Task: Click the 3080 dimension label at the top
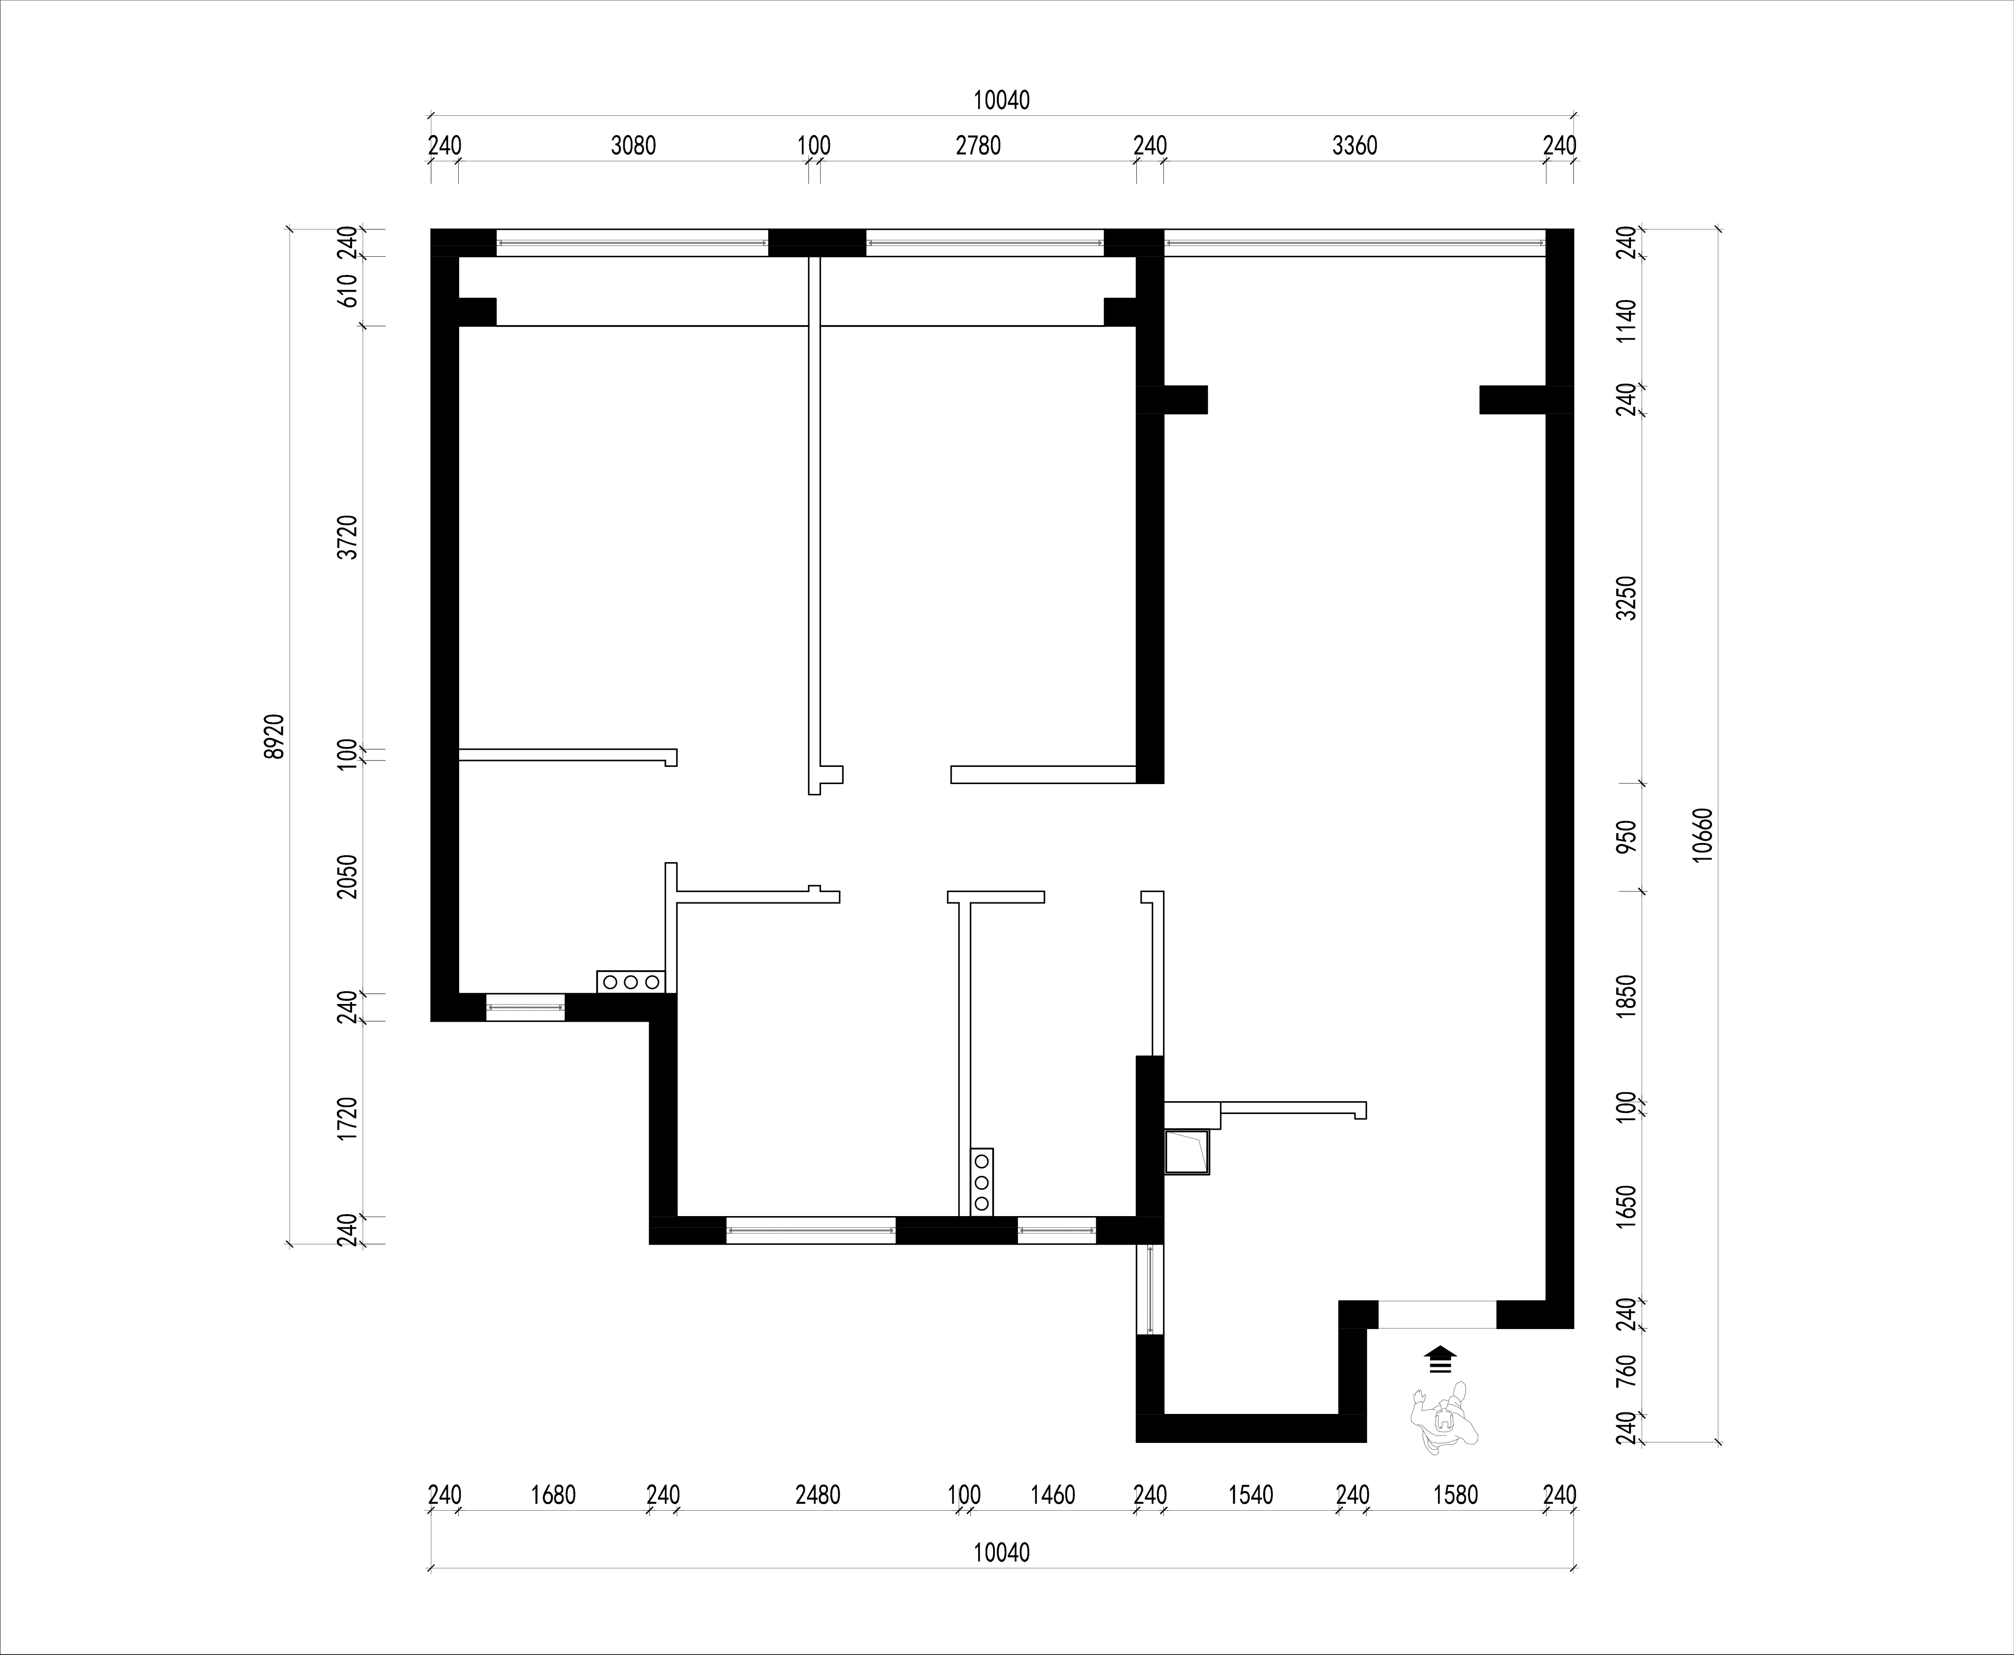pyautogui.click(x=633, y=146)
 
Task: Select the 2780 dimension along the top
pyautogui.click(x=978, y=146)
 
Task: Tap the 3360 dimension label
pyautogui.click(x=1355, y=146)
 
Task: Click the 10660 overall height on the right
pyautogui.click(x=1703, y=835)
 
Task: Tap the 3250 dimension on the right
pyautogui.click(x=1627, y=598)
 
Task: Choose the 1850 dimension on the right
pyautogui.click(x=1627, y=996)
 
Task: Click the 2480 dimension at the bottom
pyautogui.click(x=818, y=1495)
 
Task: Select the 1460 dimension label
pyautogui.click(x=1053, y=1495)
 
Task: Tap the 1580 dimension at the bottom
pyautogui.click(x=1456, y=1495)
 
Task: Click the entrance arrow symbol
pyautogui.click(x=1440, y=1359)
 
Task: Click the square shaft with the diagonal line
pyautogui.click(x=1186, y=1152)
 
